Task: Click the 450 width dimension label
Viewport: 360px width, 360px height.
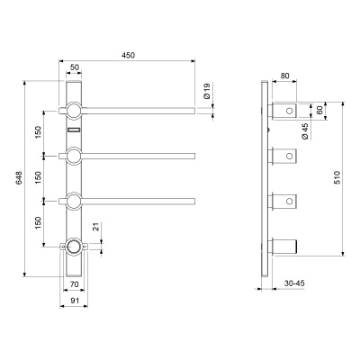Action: point(128,55)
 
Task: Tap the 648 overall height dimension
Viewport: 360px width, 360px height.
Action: point(19,178)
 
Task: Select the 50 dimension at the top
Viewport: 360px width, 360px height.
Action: point(74,67)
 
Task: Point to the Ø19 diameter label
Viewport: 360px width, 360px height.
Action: point(207,91)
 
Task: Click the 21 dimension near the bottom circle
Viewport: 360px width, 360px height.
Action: point(95,227)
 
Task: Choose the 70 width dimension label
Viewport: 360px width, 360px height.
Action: point(74,283)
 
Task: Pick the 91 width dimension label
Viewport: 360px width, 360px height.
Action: point(74,300)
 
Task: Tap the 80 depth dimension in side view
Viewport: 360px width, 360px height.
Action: point(284,76)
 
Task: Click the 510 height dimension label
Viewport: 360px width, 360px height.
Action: point(337,177)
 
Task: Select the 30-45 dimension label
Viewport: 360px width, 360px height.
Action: point(294,283)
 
